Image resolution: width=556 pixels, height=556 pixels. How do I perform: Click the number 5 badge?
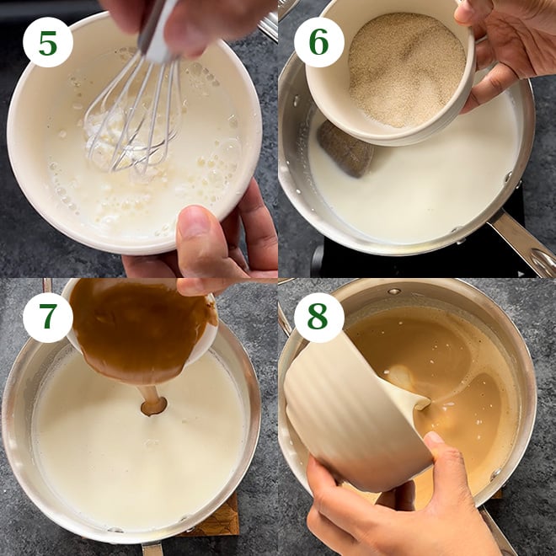[x=48, y=43]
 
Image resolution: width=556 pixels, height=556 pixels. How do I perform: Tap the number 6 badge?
[x=318, y=43]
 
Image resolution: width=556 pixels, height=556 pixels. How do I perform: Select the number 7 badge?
[x=48, y=318]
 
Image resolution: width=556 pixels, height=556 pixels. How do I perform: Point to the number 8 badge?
[x=318, y=318]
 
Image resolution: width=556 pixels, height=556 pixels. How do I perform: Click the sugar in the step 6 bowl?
[x=407, y=69]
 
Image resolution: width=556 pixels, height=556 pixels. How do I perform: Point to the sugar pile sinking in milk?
[x=345, y=149]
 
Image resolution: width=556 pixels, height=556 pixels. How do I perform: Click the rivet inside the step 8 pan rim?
[x=394, y=291]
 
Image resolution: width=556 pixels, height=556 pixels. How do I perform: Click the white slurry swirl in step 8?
[x=403, y=377]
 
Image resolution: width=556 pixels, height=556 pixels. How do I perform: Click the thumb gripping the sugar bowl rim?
[x=468, y=13]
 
